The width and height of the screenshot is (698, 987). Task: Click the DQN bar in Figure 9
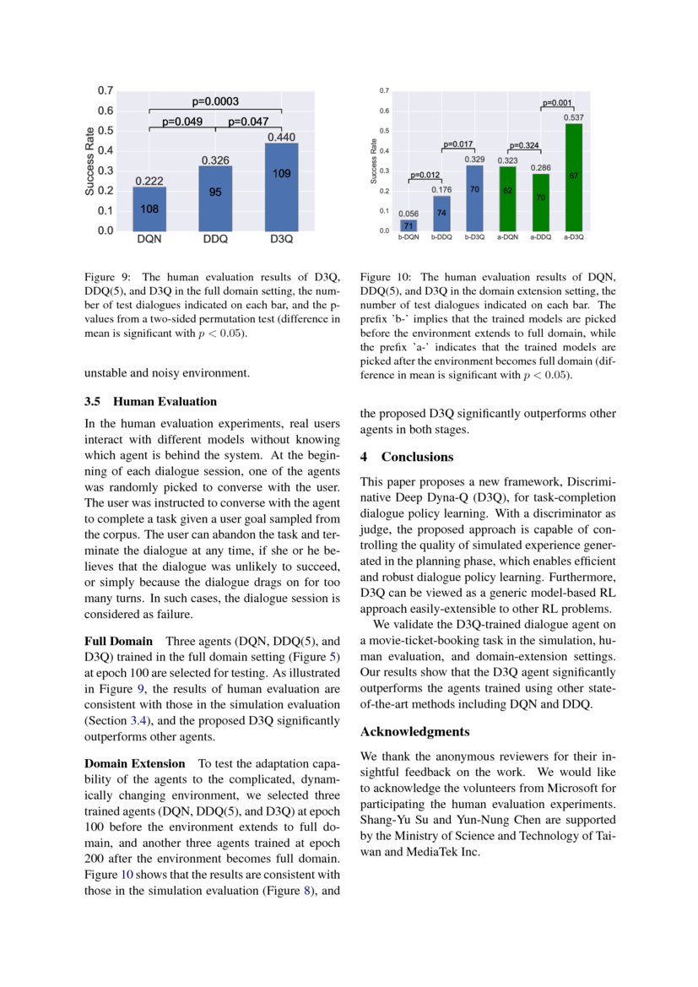149,209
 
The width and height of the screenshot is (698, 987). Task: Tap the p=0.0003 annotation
215,101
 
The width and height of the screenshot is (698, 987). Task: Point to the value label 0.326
215,160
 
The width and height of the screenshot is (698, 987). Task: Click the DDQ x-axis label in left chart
215,239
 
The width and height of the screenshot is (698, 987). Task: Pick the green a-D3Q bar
573,177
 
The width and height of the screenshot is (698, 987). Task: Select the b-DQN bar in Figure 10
408,225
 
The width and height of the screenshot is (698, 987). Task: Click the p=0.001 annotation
557,103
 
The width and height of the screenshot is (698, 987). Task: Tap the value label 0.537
574,118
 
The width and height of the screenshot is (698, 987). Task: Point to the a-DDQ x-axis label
540,238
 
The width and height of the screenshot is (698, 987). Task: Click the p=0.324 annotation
524,145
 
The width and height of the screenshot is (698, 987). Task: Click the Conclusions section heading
417,457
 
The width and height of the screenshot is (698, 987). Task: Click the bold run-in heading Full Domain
119,642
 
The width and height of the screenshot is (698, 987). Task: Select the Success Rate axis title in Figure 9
90,160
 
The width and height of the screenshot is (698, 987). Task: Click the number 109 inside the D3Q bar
281,173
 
